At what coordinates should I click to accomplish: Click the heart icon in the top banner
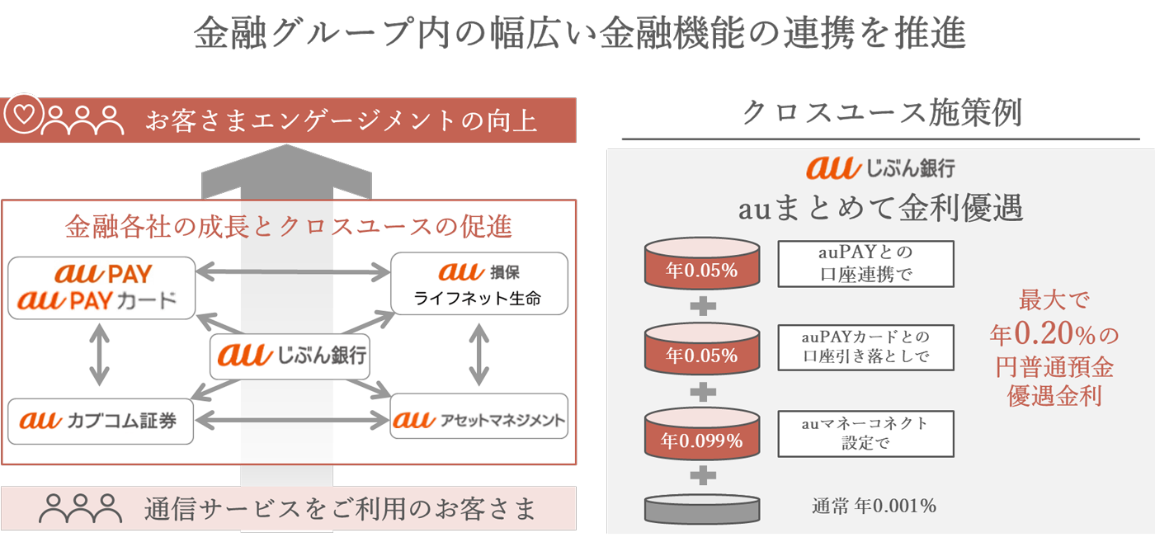pos(23,115)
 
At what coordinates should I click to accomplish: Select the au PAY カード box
pos(101,287)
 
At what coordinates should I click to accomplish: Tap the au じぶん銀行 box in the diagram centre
pos(288,356)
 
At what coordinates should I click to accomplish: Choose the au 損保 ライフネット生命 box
pos(478,284)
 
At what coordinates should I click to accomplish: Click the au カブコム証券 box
pos(101,422)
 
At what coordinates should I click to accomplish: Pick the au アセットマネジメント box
pos(478,421)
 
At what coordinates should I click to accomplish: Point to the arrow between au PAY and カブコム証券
pos(99,355)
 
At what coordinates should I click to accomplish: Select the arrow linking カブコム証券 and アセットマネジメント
pos(293,422)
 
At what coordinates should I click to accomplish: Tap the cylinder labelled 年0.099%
pos(702,432)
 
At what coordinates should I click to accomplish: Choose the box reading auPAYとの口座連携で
pos(865,263)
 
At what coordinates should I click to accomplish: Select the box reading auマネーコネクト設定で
pos(865,433)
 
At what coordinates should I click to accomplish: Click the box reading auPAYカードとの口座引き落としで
pos(865,347)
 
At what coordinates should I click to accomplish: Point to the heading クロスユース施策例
pos(882,113)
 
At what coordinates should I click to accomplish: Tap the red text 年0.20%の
pos(1054,334)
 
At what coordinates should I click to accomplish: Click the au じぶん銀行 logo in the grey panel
pos(880,167)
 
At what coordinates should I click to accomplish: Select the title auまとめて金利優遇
pos(880,209)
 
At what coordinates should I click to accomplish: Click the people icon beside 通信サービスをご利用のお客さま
pos(81,509)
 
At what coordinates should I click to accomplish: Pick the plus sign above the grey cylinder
pos(702,475)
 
